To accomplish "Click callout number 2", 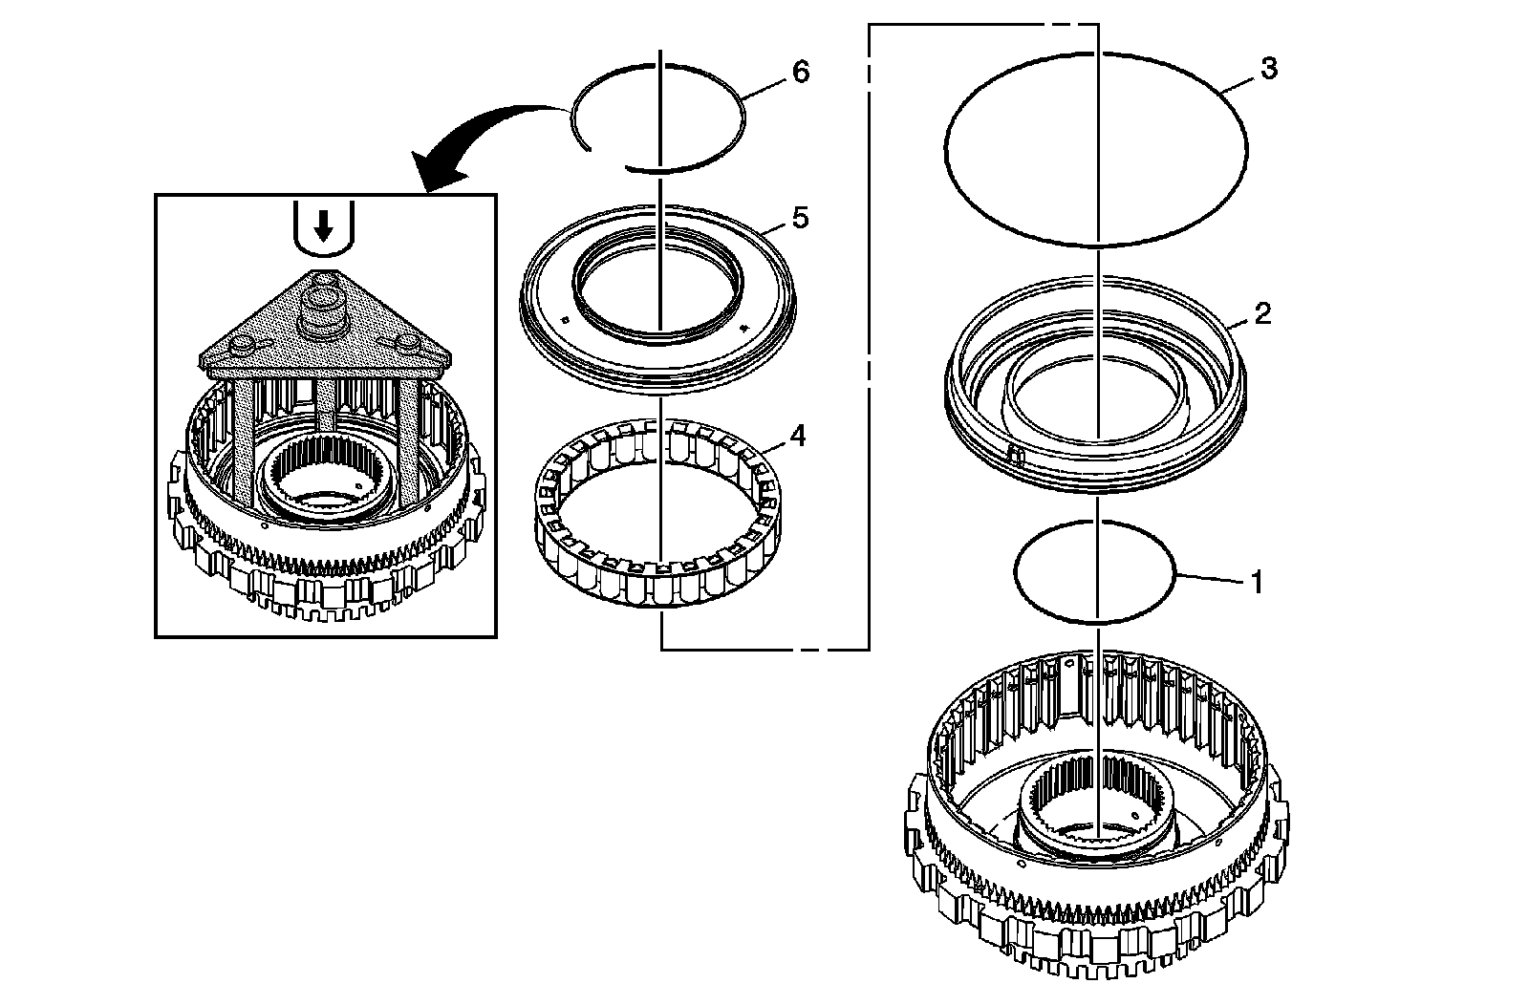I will (1262, 313).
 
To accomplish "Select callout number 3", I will (1268, 70).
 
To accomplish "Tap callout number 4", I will (797, 437).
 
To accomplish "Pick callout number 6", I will (801, 72).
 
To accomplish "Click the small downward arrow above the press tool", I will (325, 226).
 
